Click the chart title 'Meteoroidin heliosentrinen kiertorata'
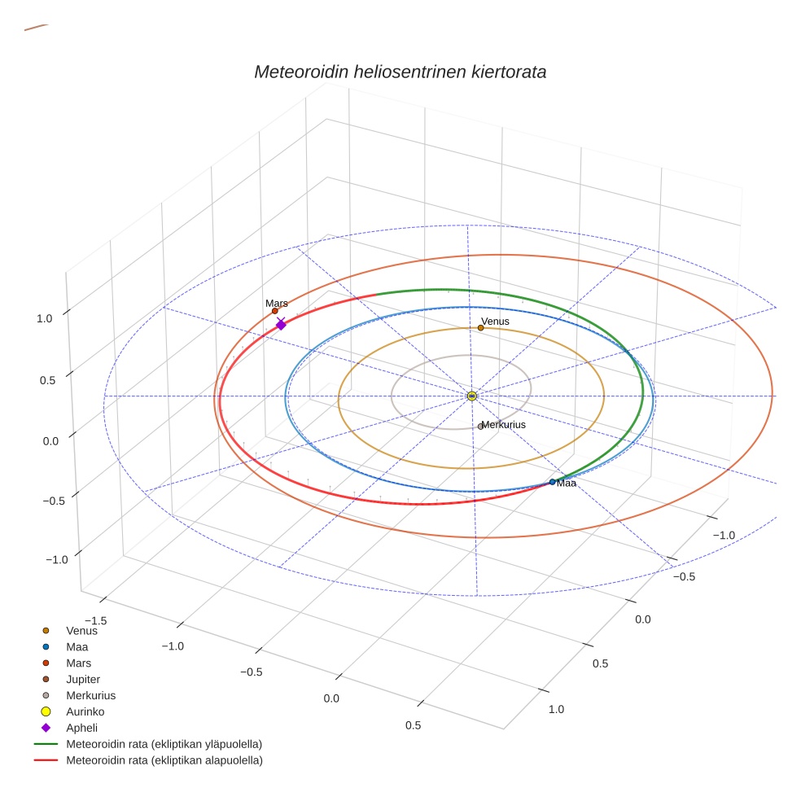click(400, 72)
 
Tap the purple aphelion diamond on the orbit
click(281, 325)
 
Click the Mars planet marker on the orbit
click(275, 311)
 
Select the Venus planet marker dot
click(480, 328)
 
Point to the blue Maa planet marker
click(552, 482)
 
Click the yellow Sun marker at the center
click(472, 396)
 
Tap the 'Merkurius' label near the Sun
click(503, 425)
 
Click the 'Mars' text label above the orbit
click(277, 303)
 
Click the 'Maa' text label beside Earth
click(567, 484)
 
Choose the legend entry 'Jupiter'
click(83, 679)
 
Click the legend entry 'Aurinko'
click(85, 711)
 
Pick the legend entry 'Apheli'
click(81, 728)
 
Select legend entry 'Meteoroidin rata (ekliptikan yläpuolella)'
click(164, 744)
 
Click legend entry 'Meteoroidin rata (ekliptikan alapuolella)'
click(164, 760)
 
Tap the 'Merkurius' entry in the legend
click(90, 695)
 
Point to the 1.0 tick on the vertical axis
click(44, 319)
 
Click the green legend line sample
click(46, 744)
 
